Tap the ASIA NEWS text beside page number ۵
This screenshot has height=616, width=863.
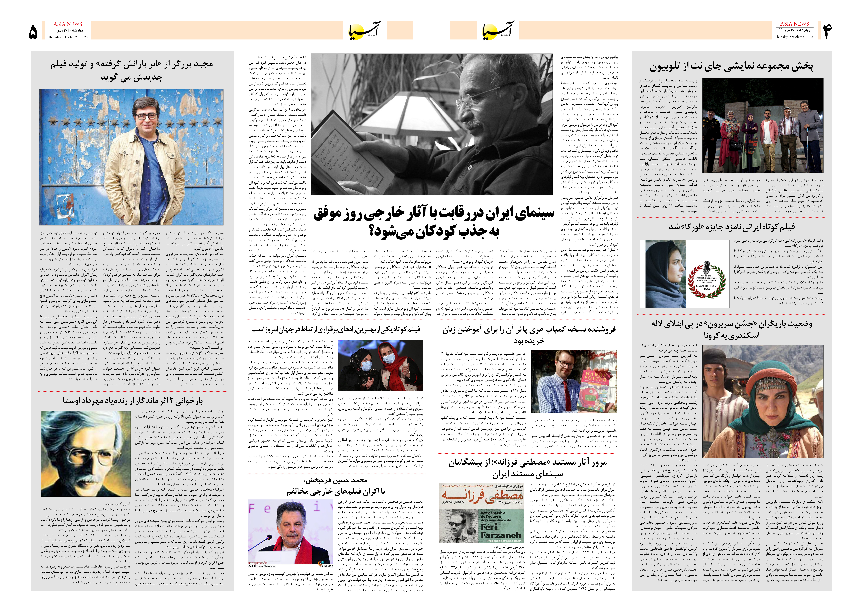tap(68, 24)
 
